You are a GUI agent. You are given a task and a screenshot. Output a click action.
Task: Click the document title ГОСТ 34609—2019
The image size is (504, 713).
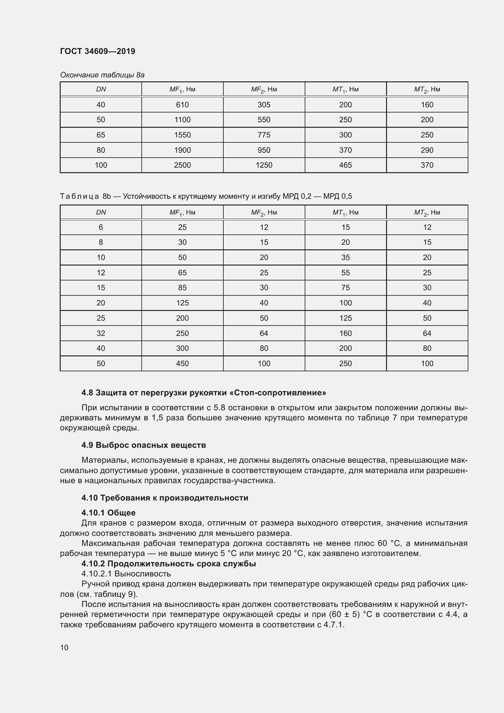[98, 51]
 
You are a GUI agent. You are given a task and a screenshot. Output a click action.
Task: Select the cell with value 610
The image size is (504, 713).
[182, 105]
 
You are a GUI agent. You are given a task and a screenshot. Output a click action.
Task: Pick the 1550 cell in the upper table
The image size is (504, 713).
[182, 135]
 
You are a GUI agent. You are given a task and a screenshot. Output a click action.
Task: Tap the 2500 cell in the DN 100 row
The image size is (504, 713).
[182, 165]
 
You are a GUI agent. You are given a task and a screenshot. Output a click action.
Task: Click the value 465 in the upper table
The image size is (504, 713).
[346, 165]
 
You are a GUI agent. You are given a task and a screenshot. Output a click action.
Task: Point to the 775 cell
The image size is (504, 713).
[264, 135]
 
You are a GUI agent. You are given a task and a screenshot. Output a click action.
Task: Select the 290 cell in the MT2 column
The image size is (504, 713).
[427, 150]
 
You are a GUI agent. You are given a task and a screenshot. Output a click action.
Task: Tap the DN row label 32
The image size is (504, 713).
[101, 333]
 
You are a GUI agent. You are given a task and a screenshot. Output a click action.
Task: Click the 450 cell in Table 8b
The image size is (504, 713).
[182, 363]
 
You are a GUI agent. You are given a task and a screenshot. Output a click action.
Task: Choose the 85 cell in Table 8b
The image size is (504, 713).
[182, 287]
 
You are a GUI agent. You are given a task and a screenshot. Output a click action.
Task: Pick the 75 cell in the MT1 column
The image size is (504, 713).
[346, 287]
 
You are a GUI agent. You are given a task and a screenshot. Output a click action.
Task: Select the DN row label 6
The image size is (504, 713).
[101, 227]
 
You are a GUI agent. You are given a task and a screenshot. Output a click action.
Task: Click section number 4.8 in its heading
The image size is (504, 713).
[87, 393]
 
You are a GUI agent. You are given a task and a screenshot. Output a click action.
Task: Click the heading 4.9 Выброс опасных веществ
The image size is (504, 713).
[144, 445]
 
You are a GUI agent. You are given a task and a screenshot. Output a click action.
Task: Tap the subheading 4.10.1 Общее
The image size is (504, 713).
[108, 512]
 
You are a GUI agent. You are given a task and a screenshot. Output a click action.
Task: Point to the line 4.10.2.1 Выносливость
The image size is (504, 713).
[126, 574]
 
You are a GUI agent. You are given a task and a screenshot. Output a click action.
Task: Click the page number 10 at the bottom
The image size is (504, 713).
[64, 647]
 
